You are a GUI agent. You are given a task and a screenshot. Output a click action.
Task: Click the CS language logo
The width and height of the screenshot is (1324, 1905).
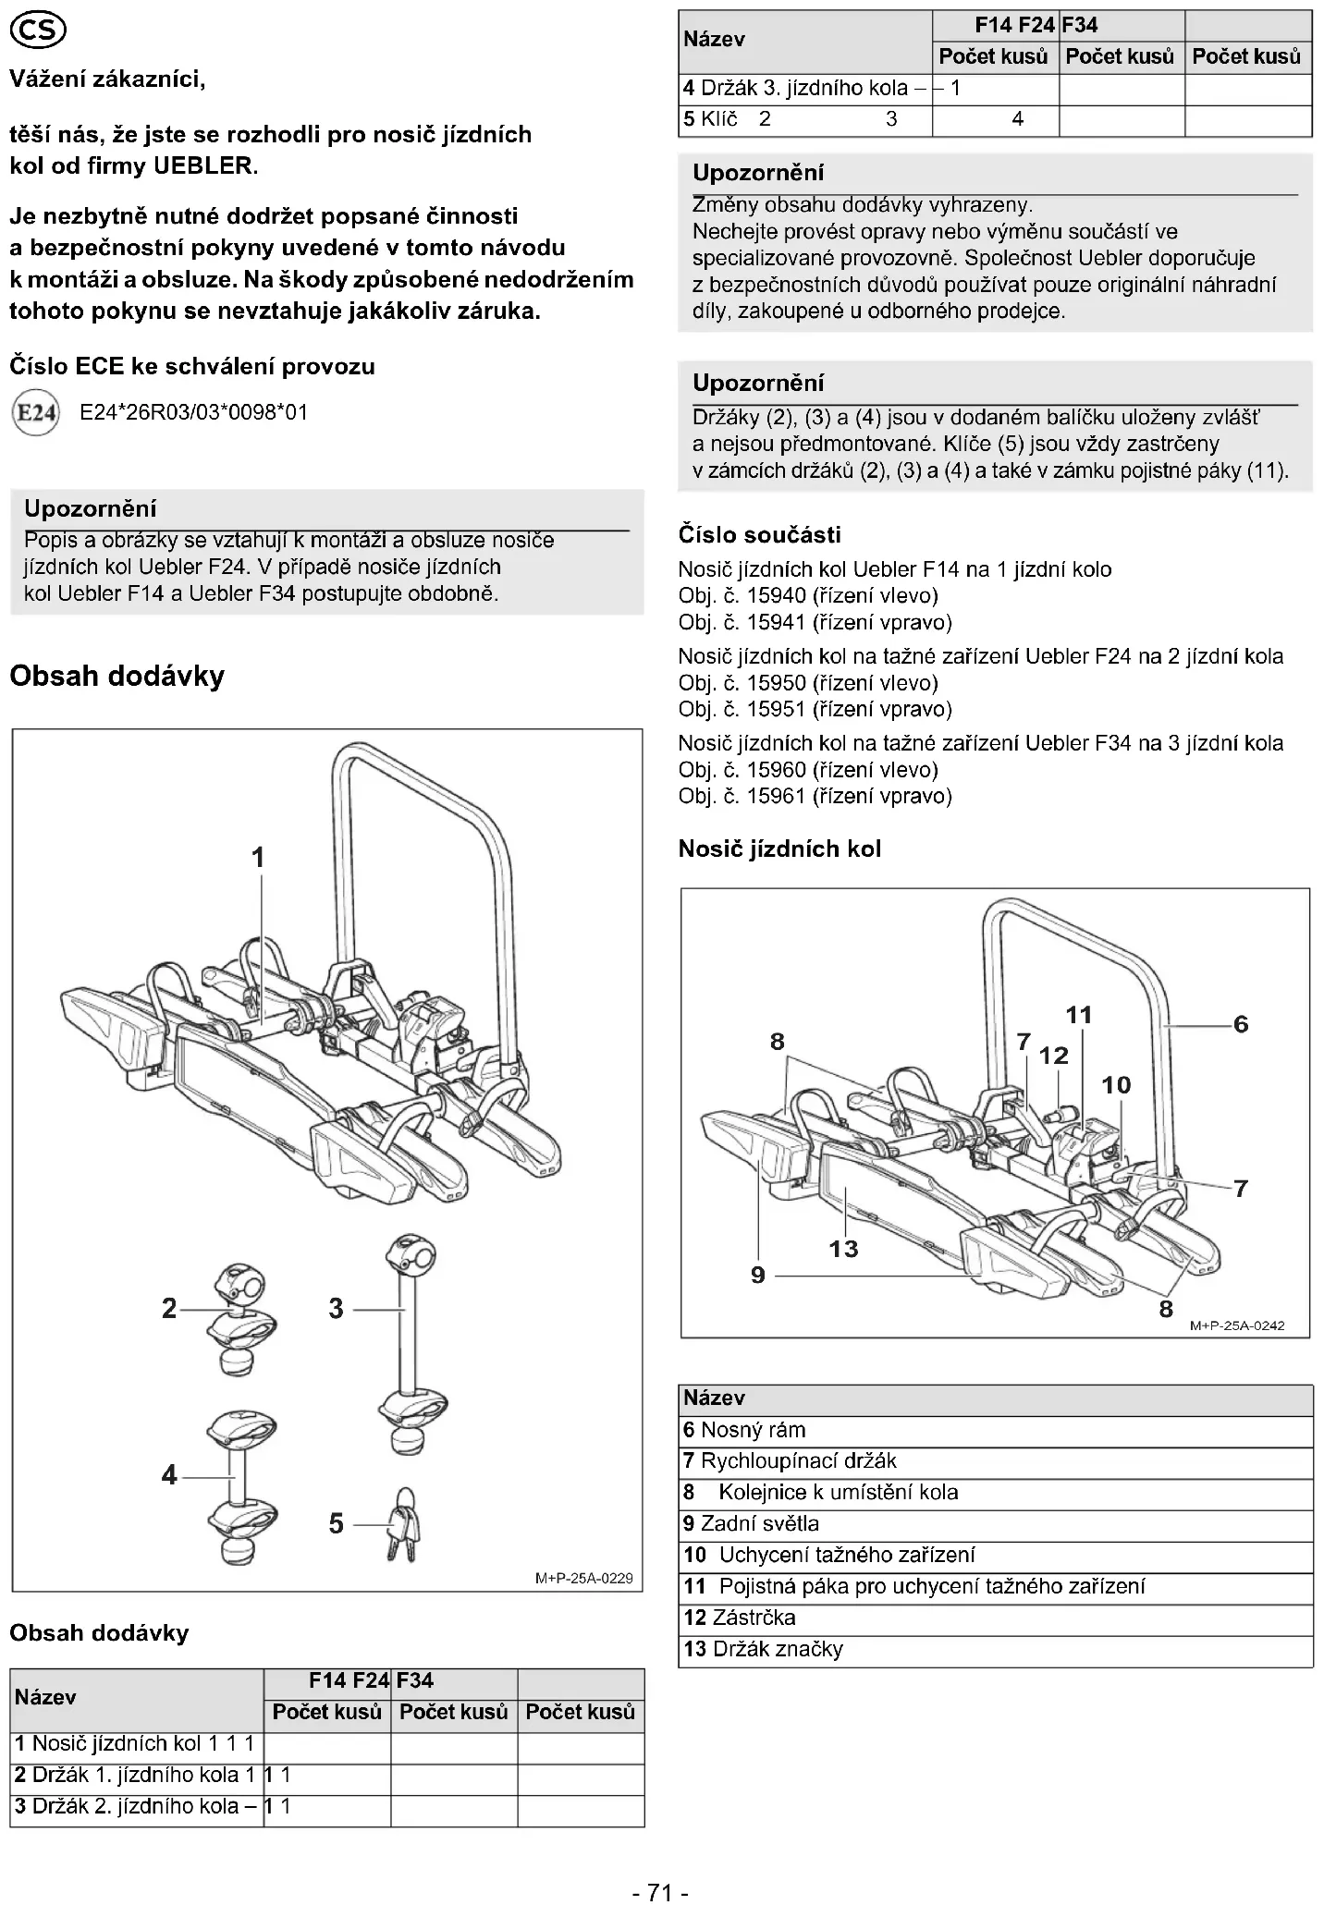37,33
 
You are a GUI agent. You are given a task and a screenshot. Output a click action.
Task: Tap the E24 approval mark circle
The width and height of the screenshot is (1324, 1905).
36,413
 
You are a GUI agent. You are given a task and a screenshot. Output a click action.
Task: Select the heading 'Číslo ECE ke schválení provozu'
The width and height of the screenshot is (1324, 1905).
192,366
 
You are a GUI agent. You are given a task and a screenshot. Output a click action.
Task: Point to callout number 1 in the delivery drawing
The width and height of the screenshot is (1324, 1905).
258,858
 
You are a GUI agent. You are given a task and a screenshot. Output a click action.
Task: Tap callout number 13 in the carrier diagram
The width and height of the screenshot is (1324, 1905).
843,1249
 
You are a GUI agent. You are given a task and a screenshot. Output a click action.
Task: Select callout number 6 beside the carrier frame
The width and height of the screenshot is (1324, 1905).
1241,1024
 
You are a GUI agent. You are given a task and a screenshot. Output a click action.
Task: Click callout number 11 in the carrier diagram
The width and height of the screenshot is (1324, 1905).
1079,1015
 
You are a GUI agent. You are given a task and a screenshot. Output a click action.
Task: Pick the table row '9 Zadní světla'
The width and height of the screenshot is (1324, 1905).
995,1523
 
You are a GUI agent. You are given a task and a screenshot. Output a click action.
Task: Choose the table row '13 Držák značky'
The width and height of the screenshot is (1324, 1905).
995,1649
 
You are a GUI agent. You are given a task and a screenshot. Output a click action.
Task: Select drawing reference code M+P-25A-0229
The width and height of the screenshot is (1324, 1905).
584,1578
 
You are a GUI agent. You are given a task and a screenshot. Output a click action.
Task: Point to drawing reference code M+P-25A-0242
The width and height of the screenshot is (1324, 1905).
1237,1325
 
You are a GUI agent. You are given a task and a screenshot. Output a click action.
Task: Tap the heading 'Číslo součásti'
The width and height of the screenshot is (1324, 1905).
760,535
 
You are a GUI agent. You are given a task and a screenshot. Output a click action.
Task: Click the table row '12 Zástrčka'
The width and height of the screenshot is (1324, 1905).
995,1618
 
